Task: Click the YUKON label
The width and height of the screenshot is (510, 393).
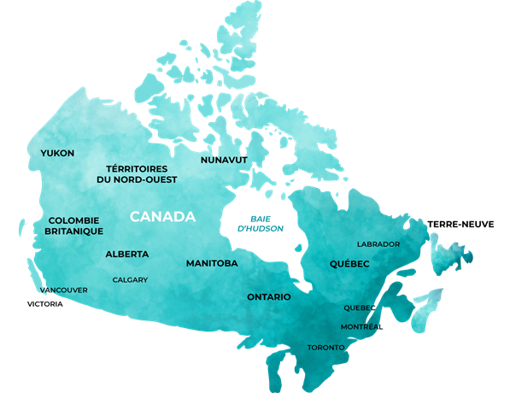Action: tap(57, 153)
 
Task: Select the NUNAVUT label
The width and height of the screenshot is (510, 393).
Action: tap(224, 160)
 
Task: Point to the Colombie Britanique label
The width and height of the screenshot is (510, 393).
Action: tap(75, 226)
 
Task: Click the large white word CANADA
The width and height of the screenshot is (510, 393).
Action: tap(162, 217)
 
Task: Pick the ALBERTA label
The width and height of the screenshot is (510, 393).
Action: tap(127, 255)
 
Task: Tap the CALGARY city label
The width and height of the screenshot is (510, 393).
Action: tap(130, 279)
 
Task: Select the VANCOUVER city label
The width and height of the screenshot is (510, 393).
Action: tap(63, 290)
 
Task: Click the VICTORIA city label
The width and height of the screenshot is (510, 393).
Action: tap(44, 304)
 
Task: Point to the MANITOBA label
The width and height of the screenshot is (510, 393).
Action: tap(212, 263)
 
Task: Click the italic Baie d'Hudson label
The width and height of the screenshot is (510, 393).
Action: tap(261, 222)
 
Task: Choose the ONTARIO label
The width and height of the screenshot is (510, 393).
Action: tap(269, 296)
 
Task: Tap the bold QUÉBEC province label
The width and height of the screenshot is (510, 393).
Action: tap(349, 264)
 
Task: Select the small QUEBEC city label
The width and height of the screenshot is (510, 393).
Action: tap(360, 308)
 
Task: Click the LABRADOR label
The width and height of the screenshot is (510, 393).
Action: tap(378, 244)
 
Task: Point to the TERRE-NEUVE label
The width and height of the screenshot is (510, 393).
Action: tap(460, 223)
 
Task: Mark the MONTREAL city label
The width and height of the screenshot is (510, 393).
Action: tap(361, 327)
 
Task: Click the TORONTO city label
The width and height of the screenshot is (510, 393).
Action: tap(325, 348)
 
